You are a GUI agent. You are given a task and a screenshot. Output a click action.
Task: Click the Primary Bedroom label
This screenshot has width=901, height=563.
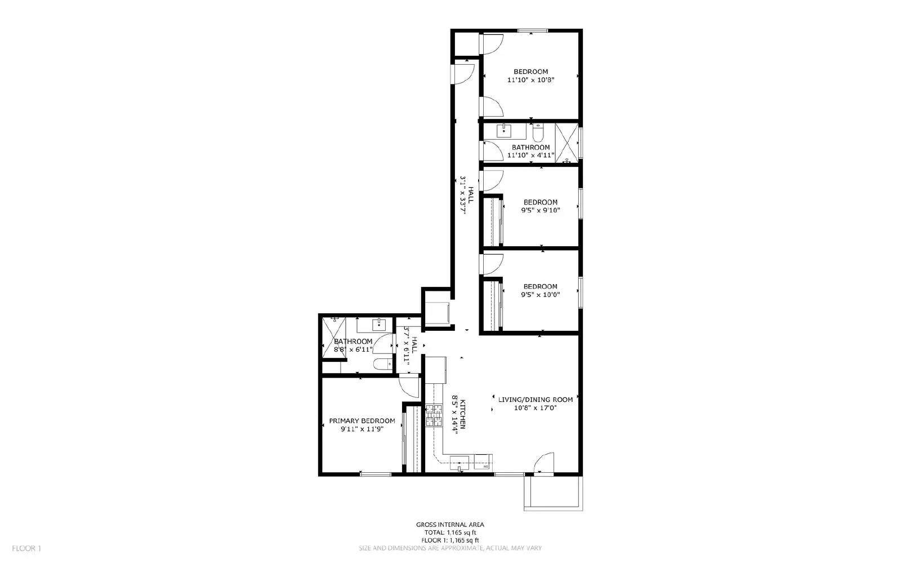click(x=362, y=420)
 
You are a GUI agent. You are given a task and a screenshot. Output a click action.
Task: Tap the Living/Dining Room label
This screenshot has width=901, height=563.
click(x=535, y=400)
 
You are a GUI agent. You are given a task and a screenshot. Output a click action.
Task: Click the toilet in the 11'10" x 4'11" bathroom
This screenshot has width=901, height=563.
click(x=538, y=133)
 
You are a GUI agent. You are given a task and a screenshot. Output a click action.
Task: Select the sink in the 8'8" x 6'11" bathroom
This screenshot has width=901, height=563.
click(x=378, y=324)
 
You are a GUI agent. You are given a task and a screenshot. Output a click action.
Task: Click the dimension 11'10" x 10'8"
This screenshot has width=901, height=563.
click(x=531, y=80)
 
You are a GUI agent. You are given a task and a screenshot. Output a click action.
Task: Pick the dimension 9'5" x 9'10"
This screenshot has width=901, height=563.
click(x=541, y=210)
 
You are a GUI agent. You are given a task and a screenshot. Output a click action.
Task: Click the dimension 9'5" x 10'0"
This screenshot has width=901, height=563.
click(x=541, y=294)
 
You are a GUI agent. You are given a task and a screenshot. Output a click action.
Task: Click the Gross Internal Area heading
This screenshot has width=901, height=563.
click(x=450, y=525)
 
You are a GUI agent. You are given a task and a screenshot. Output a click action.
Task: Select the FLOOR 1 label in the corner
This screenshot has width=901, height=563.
click(x=26, y=548)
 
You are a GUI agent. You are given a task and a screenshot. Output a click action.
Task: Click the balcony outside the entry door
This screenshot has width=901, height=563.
click(x=553, y=493)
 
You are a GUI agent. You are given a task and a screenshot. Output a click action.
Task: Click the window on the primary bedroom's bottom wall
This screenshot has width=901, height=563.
click(x=376, y=475)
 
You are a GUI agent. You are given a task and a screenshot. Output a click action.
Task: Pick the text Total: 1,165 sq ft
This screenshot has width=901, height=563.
click(x=450, y=533)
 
